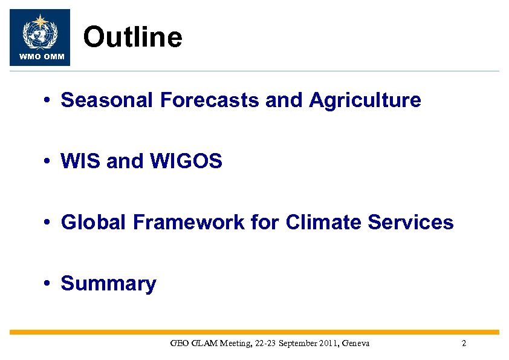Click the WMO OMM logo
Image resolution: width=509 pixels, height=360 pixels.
(x=40, y=37)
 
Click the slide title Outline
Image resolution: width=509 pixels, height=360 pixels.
(x=132, y=38)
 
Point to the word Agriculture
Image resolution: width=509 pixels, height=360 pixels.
(x=365, y=100)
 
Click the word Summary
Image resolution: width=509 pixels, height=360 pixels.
(x=109, y=284)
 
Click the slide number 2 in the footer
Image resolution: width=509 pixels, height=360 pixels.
(x=464, y=344)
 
